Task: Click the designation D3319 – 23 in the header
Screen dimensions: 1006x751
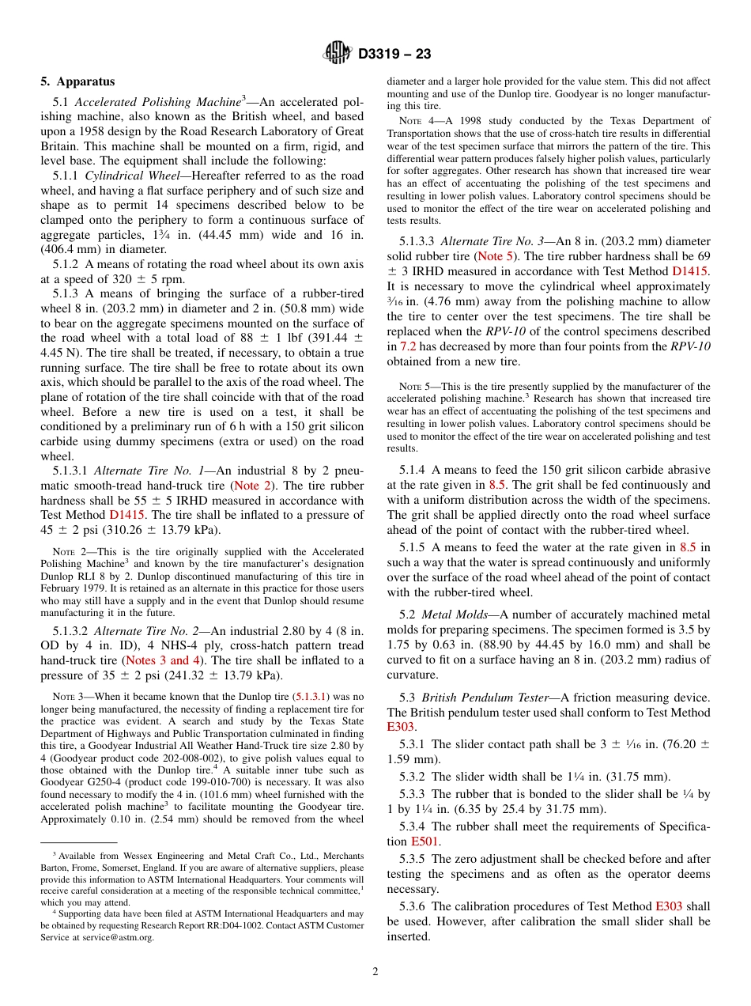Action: coord(394,55)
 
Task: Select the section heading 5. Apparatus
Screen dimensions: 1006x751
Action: coord(77,81)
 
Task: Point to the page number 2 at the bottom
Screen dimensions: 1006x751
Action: coord(375,972)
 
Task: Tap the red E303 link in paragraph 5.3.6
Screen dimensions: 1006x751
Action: coord(669,906)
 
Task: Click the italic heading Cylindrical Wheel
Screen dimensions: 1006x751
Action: coord(131,176)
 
